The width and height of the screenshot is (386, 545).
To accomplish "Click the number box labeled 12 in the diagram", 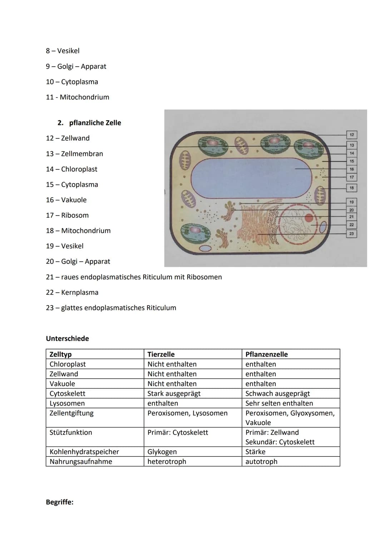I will [x=352, y=135].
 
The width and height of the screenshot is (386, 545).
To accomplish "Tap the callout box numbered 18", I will [x=352, y=188].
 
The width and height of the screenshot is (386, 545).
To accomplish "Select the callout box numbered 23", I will [x=352, y=234].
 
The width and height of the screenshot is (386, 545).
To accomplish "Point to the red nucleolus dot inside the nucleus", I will [x=309, y=218].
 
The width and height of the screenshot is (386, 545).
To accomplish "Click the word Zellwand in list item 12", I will [x=75, y=138].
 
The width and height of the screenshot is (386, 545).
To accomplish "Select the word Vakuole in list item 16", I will [x=74, y=200].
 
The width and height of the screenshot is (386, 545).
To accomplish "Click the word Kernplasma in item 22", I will [x=80, y=292].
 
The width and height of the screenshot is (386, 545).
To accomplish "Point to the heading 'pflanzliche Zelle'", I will [x=95, y=123].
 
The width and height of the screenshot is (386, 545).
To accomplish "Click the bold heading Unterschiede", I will [x=68, y=338].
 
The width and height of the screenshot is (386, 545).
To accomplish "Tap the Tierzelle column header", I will [x=161, y=354].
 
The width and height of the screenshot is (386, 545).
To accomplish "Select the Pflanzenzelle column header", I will [x=267, y=354].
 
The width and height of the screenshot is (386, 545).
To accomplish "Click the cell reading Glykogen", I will [x=162, y=451].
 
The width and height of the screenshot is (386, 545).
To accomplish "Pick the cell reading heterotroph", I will [x=167, y=461].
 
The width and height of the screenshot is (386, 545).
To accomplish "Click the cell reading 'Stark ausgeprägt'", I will [x=174, y=393].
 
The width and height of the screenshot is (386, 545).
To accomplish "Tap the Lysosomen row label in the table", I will [x=67, y=403].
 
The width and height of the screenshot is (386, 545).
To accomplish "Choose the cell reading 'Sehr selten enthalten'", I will [x=279, y=403].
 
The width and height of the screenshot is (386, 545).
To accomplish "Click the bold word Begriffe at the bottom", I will [x=60, y=502].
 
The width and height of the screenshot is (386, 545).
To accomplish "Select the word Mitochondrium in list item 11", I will [x=84, y=97].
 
